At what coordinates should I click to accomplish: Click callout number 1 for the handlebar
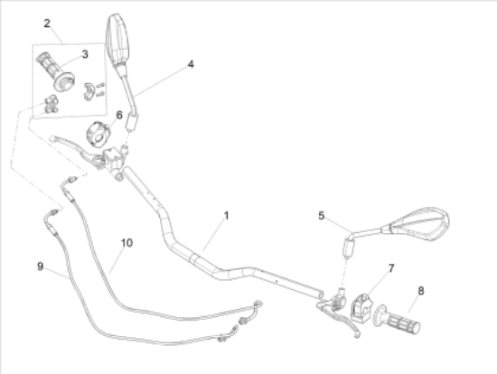coord(226,216)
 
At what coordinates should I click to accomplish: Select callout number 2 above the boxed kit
coord(47,23)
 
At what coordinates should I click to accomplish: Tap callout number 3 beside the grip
coord(85,54)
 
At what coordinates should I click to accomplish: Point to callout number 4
coord(191,64)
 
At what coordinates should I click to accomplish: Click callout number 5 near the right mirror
coord(321,216)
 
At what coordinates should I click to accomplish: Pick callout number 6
coord(119,115)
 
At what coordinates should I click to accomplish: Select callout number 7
coord(391,268)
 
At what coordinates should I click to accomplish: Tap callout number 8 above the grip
coord(421,291)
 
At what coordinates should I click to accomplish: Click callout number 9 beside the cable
coord(40,266)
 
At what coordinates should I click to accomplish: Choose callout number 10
coord(127,243)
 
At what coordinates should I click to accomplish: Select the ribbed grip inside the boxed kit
coord(55,70)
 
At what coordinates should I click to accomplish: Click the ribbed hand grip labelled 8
coord(399,320)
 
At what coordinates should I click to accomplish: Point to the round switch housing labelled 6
coord(98,135)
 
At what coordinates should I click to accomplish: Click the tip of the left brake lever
coord(52,138)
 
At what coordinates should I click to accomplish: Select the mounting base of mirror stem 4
coord(132,122)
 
